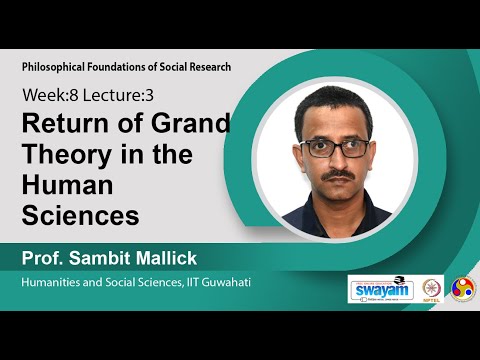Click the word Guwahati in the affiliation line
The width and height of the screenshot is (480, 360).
coord(227,284)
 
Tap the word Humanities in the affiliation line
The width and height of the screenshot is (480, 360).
coord(56,284)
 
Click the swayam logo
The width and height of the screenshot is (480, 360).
coord(379,288)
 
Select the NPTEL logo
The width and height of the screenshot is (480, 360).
coord(432,288)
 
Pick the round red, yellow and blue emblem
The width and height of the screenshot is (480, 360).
coord(463,288)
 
